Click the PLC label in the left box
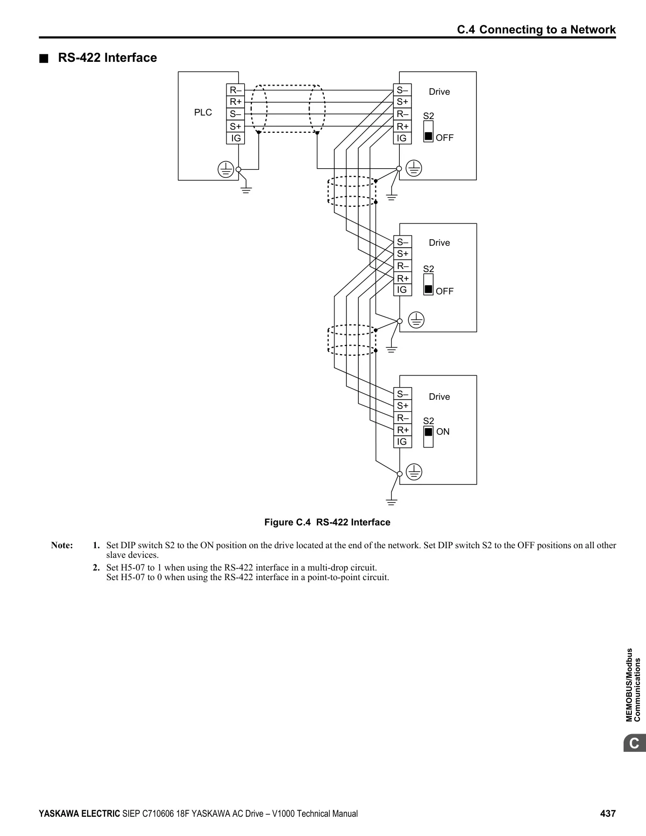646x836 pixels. (203, 112)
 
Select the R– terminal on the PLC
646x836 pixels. (236, 90)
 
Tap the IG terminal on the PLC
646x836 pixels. (236, 138)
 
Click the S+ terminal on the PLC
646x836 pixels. (236, 126)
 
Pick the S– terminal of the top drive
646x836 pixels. (402, 90)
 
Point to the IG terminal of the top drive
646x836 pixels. (402, 138)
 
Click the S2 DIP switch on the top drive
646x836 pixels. (428, 132)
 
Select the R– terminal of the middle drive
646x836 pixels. (402, 266)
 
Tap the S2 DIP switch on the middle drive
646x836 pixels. (428, 284)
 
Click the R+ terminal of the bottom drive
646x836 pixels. (402, 430)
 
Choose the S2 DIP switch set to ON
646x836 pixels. (428, 437)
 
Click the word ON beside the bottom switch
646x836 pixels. (443, 432)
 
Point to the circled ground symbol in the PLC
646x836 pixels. (226, 169)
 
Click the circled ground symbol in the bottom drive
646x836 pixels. (414, 472)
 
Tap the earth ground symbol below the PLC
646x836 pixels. (246, 189)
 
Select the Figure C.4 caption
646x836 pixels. (327, 522)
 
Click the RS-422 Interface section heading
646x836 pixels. (107, 58)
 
